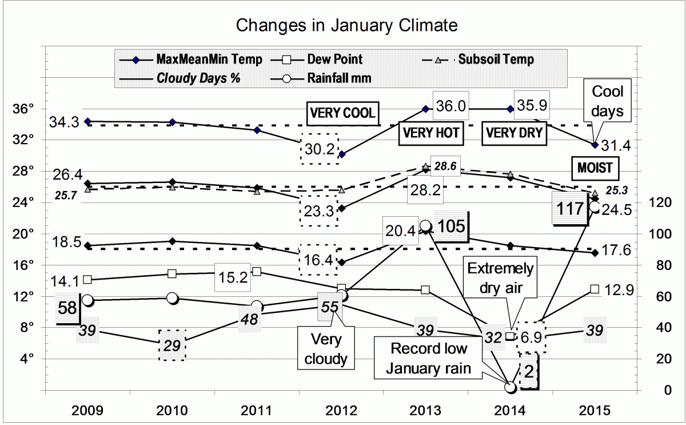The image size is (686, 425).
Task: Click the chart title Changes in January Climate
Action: pos(346,26)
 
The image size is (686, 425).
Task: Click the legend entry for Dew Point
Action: pos(334,59)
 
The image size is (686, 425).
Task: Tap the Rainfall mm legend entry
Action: pos(340,78)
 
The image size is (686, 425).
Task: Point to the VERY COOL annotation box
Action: pos(342,113)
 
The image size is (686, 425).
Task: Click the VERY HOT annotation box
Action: pos(431,133)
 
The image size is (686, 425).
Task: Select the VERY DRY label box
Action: pos(514,133)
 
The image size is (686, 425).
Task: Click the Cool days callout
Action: pos(607,101)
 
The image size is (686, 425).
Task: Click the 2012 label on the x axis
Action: pos(341,411)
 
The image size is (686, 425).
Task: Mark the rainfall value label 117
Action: pos(569,208)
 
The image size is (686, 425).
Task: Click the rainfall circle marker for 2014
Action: pos(510,387)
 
